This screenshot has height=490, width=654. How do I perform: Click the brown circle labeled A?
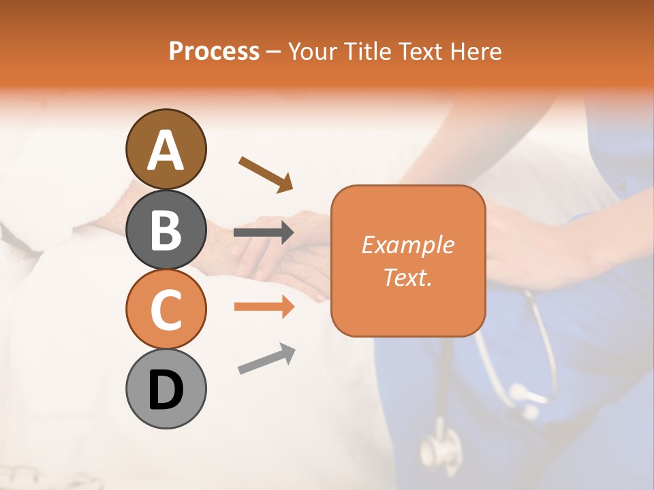[x=166, y=149]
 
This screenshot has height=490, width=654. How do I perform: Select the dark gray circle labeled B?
[x=166, y=229]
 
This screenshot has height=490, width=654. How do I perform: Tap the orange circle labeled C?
[x=166, y=309]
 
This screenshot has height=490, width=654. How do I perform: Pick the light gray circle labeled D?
[x=166, y=389]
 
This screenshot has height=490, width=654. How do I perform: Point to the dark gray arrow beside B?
[x=264, y=233]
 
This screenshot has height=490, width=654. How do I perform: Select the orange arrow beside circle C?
[x=264, y=307]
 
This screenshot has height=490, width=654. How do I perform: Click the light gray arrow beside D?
[x=266, y=359]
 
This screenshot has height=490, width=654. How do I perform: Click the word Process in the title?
[x=214, y=51]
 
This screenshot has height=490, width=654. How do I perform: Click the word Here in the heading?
[x=476, y=51]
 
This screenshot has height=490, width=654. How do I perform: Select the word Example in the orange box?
[x=407, y=245]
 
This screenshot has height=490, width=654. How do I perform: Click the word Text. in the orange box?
[x=407, y=277]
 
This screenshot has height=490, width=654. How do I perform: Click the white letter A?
[x=166, y=150]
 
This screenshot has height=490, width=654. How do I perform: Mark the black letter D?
[x=166, y=390]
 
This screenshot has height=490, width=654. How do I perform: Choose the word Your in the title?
[x=313, y=51]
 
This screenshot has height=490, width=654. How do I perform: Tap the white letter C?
[x=166, y=310]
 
